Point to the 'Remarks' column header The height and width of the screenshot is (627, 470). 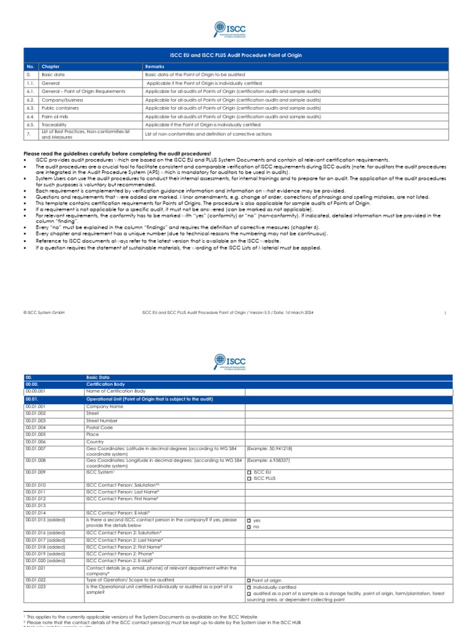154,66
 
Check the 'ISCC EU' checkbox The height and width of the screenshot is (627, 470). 249,473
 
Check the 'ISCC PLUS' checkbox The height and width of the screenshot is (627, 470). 249,479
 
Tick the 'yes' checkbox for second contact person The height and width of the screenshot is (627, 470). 249,520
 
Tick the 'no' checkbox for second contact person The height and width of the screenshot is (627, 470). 249,527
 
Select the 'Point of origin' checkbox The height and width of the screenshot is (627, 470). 249,580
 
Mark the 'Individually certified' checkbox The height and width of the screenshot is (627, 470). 249,587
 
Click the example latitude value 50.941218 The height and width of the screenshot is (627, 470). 268,449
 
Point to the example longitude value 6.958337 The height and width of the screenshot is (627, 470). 268,460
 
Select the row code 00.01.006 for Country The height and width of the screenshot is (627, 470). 35,441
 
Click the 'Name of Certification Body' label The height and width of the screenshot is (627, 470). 116,391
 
